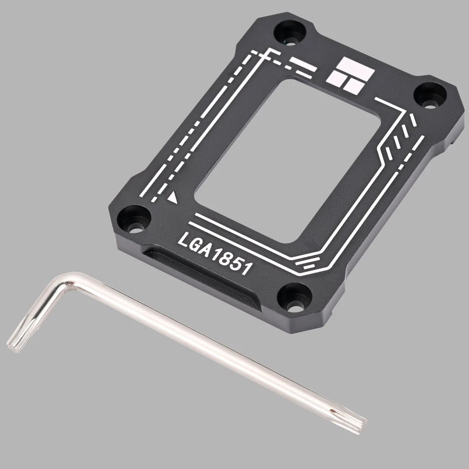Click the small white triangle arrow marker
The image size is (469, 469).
click(173, 198)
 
